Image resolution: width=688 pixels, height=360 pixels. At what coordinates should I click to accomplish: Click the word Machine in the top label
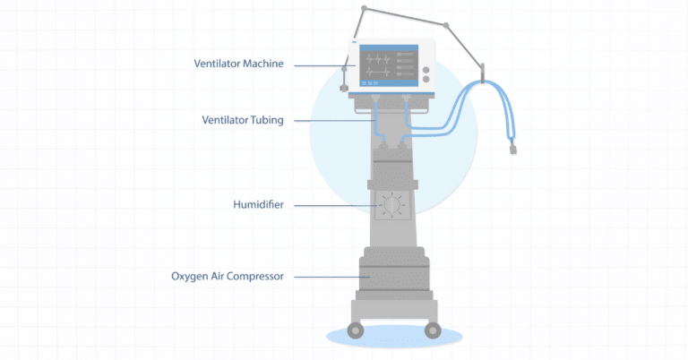(264, 64)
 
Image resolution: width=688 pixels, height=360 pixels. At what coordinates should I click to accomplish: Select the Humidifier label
(258, 205)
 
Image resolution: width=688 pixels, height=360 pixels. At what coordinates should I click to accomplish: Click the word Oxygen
(191, 277)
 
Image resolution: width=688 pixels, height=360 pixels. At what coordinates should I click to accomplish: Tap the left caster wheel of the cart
(356, 330)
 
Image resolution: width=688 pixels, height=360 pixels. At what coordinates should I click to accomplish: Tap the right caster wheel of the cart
(432, 330)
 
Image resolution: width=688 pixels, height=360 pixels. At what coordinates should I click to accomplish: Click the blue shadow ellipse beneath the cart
(394, 338)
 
